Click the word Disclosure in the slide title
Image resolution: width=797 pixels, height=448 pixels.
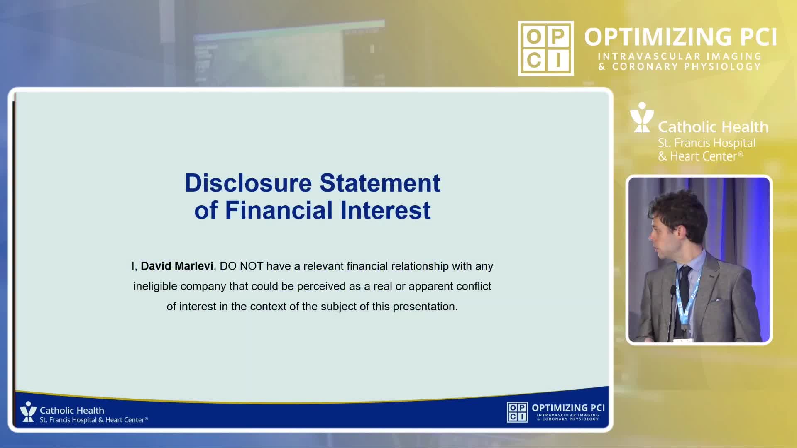click(x=248, y=183)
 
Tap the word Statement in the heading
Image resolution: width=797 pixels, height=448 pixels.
click(x=380, y=183)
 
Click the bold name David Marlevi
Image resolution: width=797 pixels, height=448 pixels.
click(x=177, y=266)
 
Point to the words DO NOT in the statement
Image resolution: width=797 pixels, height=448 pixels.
click(x=242, y=266)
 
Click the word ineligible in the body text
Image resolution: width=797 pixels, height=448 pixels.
click(x=155, y=286)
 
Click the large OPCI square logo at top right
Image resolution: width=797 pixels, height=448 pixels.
click(x=545, y=48)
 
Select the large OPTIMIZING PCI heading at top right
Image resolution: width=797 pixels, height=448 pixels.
click(x=680, y=37)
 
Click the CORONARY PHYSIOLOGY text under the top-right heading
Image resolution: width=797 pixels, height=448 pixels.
click(x=686, y=66)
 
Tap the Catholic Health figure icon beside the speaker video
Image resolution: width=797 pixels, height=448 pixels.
click(x=642, y=117)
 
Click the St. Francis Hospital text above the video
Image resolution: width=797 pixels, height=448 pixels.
click(x=707, y=143)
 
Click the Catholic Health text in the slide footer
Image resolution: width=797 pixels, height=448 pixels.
click(x=72, y=410)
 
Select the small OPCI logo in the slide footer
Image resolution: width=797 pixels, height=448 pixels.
click(x=517, y=412)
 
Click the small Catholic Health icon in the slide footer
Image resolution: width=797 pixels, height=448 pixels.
click(x=28, y=411)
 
